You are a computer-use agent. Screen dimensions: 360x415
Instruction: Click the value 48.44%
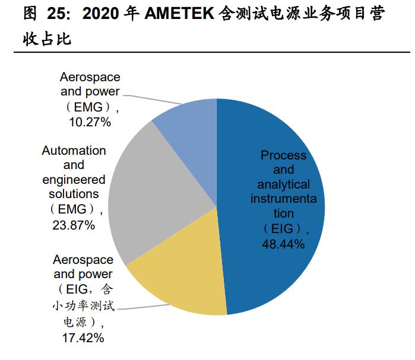284,244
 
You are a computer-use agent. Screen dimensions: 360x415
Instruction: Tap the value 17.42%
83,338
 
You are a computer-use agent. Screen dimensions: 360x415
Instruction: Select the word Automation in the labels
74,151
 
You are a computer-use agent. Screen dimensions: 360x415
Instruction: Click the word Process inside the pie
284,155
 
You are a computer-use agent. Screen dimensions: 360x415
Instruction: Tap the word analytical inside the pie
284,184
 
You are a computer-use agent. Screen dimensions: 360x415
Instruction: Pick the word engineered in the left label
74,180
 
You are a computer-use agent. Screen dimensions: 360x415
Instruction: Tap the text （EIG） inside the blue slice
284,228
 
